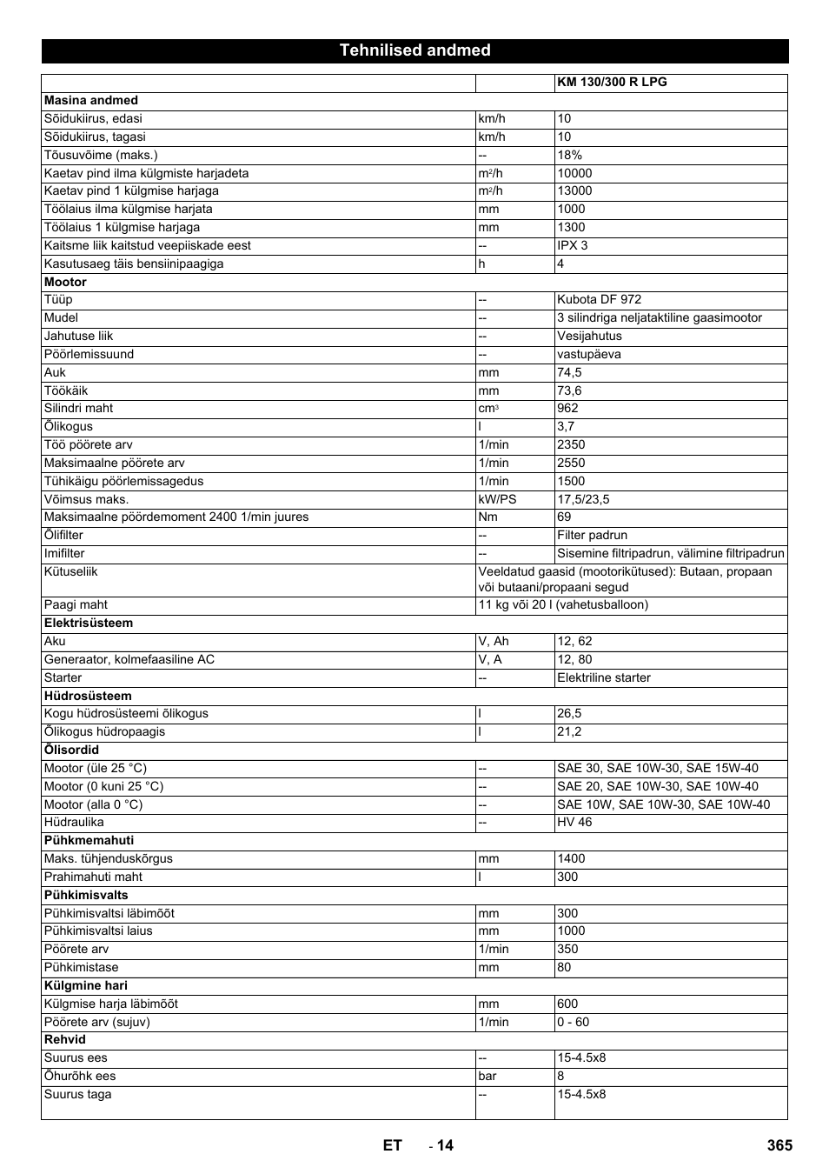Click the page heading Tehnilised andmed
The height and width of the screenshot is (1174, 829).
(x=414, y=50)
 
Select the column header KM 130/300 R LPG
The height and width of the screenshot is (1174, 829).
(x=612, y=83)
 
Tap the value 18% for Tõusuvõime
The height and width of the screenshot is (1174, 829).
(x=570, y=155)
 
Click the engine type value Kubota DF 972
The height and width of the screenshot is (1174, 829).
(x=599, y=299)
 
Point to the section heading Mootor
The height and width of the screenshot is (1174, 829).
(x=66, y=282)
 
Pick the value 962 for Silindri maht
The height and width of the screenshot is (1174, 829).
(x=567, y=409)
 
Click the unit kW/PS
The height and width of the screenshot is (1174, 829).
(x=497, y=499)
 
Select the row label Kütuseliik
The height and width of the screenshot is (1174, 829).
(x=71, y=571)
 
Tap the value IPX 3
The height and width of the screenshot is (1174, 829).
(x=573, y=245)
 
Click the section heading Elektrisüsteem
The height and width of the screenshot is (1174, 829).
(x=89, y=623)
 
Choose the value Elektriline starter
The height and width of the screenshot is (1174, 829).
(x=604, y=677)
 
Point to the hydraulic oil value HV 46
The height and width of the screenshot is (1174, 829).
(x=574, y=822)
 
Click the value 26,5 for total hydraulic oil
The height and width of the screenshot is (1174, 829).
(x=569, y=713)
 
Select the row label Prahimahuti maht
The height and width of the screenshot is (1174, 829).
(x=93, y=877)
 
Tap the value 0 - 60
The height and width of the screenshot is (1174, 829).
(x=573, y=1022)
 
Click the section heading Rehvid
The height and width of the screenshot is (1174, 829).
(x=65, y=1039)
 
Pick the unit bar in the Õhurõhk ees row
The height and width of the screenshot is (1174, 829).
(x=488, y=1076)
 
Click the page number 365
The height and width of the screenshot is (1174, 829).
(x=779, y=1145)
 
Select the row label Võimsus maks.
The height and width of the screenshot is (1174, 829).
(x=86, y=499)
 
